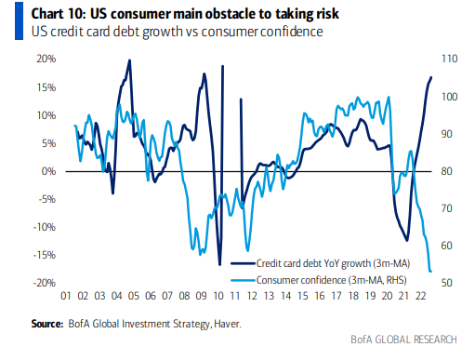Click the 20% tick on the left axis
(x=46, y=60)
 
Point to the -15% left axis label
(x=43, y=255)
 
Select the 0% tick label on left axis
(x=49, y=171)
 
